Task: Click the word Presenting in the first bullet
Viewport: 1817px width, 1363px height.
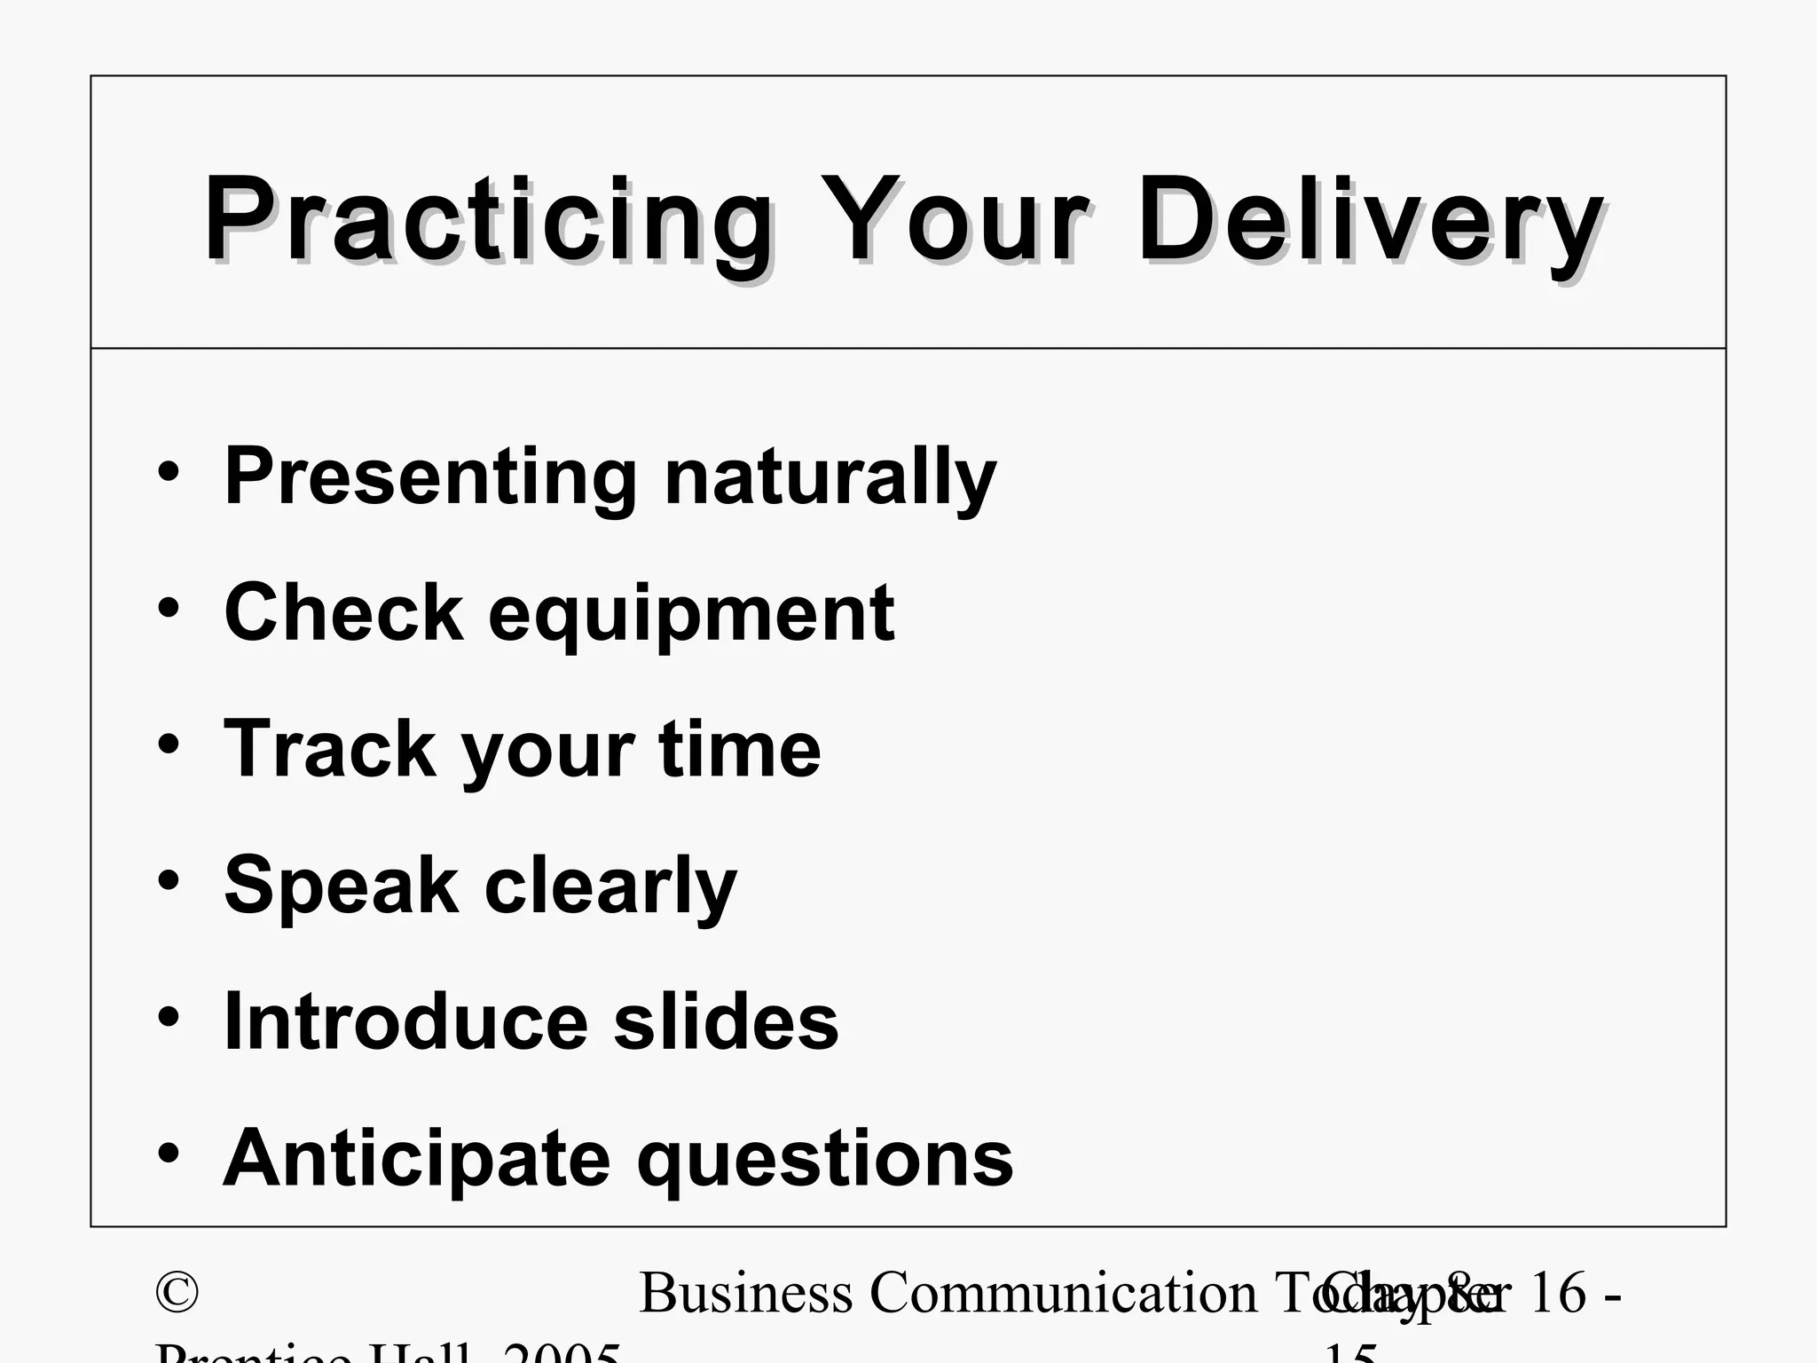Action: tap(431, 477)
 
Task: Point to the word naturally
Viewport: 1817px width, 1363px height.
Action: tap(830, 477)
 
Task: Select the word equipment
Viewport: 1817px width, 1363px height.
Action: tap(691, 614)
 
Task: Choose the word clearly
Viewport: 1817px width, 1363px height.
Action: tap(611, 886)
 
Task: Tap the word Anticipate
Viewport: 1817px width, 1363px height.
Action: tap(417, 1158)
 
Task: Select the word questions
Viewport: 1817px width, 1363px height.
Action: tap(825, 1160)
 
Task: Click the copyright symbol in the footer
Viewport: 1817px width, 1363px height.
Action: tap(177, 1293)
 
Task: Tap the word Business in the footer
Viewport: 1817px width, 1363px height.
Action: tap(745, 1293)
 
